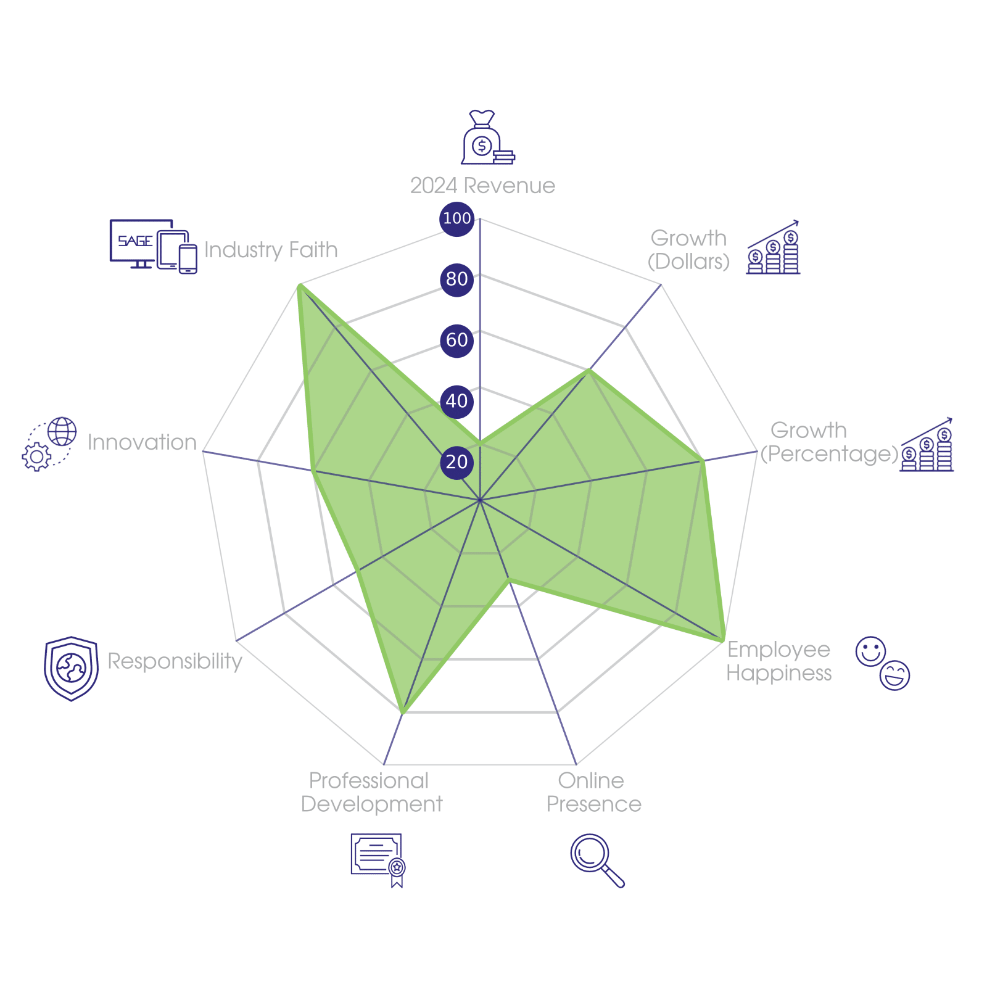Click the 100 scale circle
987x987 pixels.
(x=456, y=218)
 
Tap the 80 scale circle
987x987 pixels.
(x=456, y=279)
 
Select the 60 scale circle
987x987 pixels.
(x=456, y=340)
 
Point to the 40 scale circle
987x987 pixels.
(x=456, y=401)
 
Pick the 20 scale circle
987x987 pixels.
(x=456, y=461)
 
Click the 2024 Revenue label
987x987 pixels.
(x=482, y=186)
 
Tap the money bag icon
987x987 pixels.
(x=486, y=138)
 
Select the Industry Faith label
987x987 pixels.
(x=271, y=250)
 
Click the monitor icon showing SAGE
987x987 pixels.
(x=152, y=246)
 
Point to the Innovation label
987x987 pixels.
(x=142, y=442)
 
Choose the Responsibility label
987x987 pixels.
(x=175, y=661)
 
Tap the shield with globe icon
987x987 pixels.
(x=72, y=668)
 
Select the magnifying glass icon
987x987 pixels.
(x=596, y=859)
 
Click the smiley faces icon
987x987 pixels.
(x=883, y=663)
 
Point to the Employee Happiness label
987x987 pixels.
(x=778, y=661)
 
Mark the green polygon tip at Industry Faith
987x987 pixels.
(x=299, y=285)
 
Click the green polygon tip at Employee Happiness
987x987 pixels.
(x=723, y=642)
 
